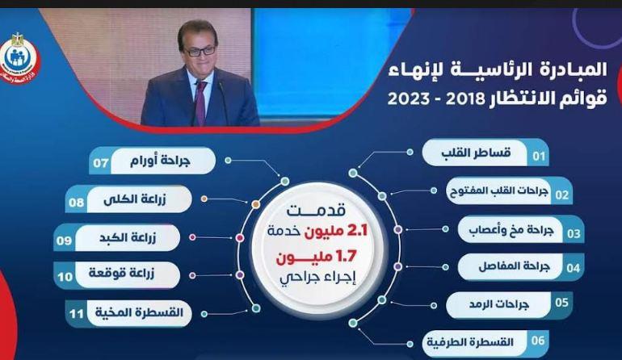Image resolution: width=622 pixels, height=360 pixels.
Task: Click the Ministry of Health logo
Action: pyautogui.click(x=20, y=58)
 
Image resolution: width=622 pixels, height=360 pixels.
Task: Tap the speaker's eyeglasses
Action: pyautogui.click(x=200, y=51)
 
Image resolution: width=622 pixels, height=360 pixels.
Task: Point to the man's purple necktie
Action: pyautogui.click(x=200, y=103)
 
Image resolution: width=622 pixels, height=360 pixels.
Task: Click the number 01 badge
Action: pyautogui.click(x=539, y=156)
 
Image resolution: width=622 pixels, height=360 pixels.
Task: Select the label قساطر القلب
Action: pyautogui.click(x=476, y=153)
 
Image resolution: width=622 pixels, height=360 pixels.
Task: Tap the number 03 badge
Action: pyautogui.click(x=574, y=233)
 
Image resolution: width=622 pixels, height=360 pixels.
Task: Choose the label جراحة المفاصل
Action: pyautogui.click(x=514, y=266)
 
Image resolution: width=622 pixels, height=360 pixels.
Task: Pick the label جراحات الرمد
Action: pyautogui.click(x=499, y=304)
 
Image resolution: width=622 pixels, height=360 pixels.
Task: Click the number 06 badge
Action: pyautogui.click(x=538, y=340)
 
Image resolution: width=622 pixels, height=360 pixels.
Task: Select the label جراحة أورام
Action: pyautogui.click(x=160, y=161)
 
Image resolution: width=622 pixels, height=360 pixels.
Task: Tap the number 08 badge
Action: pyautogui.click(x=76, y=203)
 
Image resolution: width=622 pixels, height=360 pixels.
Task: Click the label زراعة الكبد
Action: pyautogui.click(x=128, y=238)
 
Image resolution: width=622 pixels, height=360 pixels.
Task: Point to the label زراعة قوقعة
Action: pyautogui.click(x=121, y=274)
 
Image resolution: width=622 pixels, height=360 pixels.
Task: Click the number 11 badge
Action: pyautogui.click(x=76, y=314)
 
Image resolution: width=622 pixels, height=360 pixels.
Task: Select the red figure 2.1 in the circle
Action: pyautogui.click(x=357, y=230)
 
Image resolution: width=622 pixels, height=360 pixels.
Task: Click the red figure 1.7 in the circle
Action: pyautogui.click(x=347, y=257)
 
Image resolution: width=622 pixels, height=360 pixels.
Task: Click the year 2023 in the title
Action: pyautogui.click(x=408, y=98)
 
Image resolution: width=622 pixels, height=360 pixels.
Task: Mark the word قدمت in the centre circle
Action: pyautogui.click(x=316, y=211)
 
